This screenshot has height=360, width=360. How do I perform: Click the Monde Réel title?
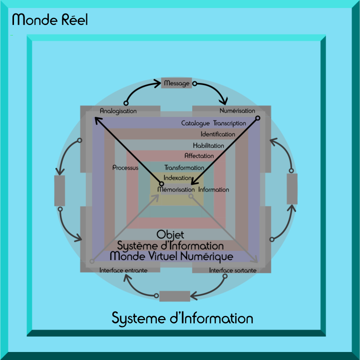pos(50,20)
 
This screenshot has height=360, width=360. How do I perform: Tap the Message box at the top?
pos(177,83)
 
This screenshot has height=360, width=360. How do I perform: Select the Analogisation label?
pos(118,110)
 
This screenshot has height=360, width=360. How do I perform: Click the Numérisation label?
pos(237,110)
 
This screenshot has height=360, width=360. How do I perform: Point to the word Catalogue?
pos(196,123)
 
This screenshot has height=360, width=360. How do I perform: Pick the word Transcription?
pos(230,123)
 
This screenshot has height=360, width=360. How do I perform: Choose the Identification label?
pos(218,134)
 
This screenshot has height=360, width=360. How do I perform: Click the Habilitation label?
pos(208,145)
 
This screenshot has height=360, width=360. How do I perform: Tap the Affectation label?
pos(199,156)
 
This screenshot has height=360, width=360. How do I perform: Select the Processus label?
pos(125,168)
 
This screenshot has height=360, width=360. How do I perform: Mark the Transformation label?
pos(184,168)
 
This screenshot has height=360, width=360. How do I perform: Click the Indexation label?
pos(177,178)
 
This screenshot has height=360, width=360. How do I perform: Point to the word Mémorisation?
pos(176,190)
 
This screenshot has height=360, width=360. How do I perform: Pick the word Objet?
pos(170,234)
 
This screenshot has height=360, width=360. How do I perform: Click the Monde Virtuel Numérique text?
pos(171,256)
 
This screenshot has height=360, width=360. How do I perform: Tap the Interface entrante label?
pos(123,270)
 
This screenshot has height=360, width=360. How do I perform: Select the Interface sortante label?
pos(233,270)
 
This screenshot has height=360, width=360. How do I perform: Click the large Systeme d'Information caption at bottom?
pos(182,318)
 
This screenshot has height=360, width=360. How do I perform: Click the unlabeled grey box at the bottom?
pos(175,296)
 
